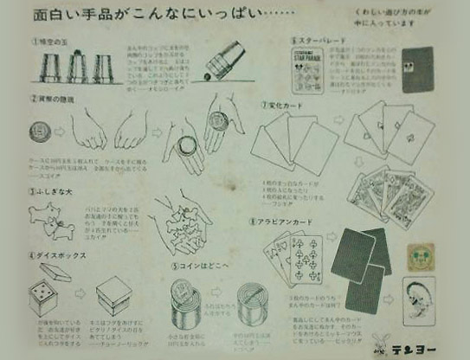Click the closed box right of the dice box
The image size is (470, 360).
click(113, 299)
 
